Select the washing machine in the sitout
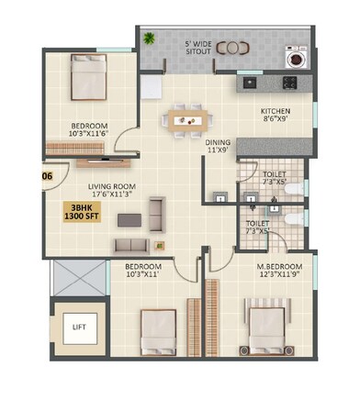pos(297,59)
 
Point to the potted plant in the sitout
pos(150,39)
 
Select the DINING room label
pos(218,142)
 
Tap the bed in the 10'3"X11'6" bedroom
pos(89,79)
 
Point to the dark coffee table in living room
pos(132,220)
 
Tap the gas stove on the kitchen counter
pos(289,83)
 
